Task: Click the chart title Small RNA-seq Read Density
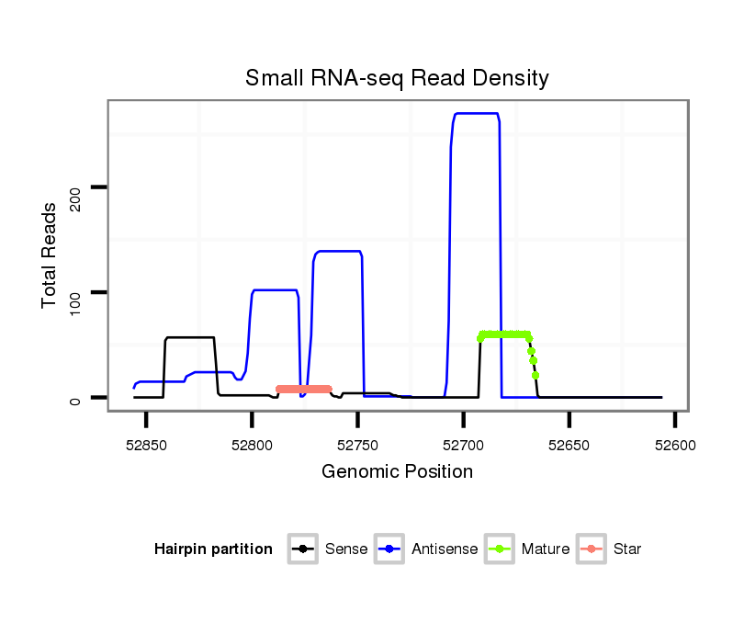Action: [x=397, y=78]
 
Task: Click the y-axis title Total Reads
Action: [x=51, y=255]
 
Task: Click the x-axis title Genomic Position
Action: [x=397, y=472]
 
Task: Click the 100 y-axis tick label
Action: [x=78, y=293]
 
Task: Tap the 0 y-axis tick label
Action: [x=78, y=399]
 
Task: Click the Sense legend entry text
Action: [x=346, y=549]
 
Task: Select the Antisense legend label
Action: [x=445, y=549]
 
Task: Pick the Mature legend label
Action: [x=546, y=549]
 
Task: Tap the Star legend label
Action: [x=627, y=549]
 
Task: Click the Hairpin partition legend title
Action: [x=213, y=549]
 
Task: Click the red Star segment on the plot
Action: [x=303, y=389]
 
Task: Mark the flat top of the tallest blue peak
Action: [x=476, y=113]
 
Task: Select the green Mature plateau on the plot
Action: [x=504, y=334]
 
